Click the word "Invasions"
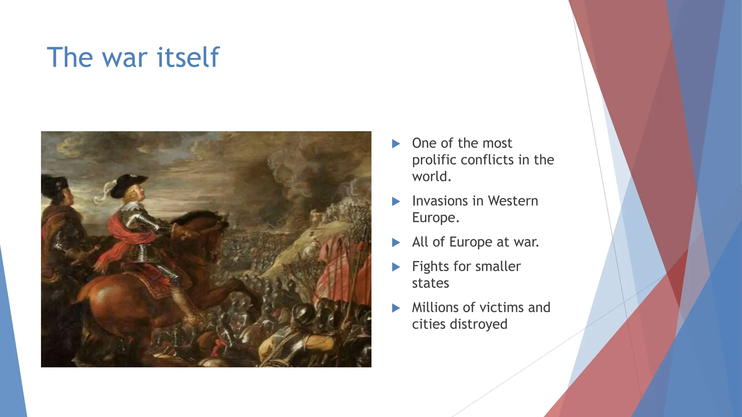(x=440, y=201)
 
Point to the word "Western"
(x=513, y=201)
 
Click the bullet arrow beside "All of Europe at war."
(x=396, y=243)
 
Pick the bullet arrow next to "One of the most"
(x=396, y=144)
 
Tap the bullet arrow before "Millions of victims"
(x=396, y=308)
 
